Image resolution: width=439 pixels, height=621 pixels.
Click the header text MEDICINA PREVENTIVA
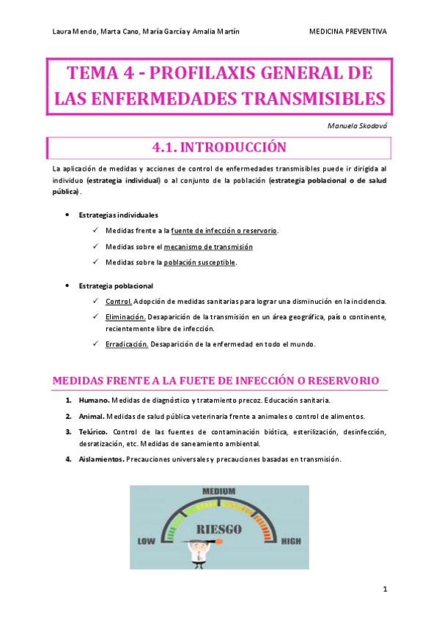[x=348, y=31]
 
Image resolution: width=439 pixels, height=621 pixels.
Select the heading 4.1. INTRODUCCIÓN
[x=218, y=148]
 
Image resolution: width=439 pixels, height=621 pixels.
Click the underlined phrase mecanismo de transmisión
[x=208, y=246]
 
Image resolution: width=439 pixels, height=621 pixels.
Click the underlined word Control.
[x=119, y=301]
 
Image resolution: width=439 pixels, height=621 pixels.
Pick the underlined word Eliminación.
[x=126, y=317]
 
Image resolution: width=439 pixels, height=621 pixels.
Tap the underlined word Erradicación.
[x=128, y=344]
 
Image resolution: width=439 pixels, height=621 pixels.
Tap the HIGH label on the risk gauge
[x=291, y=541]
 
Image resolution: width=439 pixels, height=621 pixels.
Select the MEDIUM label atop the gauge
[x=218, y=491]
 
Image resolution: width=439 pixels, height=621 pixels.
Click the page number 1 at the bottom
[x=385, y=589]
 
